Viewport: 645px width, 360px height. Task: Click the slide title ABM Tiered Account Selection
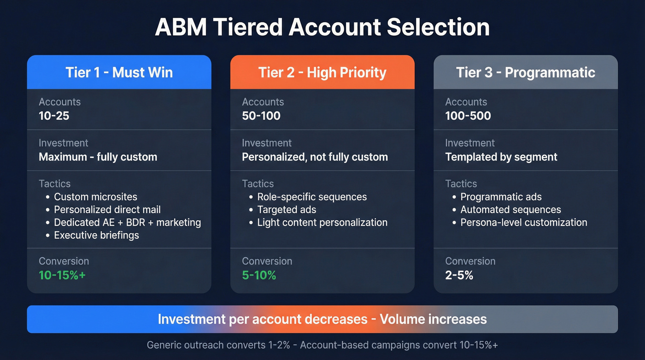click(x=322, y=27)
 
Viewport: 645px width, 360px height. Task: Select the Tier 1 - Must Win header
click(x=119, y=72)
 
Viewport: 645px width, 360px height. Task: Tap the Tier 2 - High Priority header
click(x=322, y=72)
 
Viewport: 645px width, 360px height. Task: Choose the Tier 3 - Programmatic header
click(x=526, y=72)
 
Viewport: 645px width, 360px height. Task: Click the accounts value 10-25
click(x=54, y=115)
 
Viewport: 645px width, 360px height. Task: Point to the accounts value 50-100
click(x=261, y=115)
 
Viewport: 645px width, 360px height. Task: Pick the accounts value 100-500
click(x=468, y=115)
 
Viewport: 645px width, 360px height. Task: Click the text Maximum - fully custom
click(x=98, y=157)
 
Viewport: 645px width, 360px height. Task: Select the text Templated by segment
click(x=501, y=157)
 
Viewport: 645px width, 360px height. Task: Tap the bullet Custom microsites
click(x=95, y=197)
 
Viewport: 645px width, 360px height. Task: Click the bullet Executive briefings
click(x=96, y=235)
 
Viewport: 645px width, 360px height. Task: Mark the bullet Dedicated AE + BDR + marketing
click(x=127, y=222)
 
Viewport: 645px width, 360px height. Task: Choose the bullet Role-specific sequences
click(x=312, y=197)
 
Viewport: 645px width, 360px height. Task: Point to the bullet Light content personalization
click(x=322, y=222)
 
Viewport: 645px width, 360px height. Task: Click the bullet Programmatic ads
click(x=501, y=197)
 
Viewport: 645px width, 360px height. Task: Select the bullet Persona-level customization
click(x=523, y=222)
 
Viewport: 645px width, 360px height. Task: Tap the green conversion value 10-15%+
click(x=62, y=275)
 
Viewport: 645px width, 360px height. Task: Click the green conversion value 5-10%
click(x=259, y=275)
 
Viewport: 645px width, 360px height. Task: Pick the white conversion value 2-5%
click(x=459, y=275)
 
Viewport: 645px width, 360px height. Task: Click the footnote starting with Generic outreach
click(x=322, y=345)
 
